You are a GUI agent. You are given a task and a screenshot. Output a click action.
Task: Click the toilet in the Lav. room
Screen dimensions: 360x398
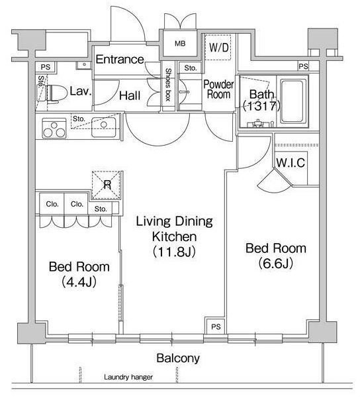[x=56, y=93]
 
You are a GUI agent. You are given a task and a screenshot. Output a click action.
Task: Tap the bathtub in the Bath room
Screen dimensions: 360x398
[x=292, y=101]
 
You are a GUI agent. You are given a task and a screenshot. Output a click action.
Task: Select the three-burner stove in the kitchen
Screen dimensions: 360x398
[x=54, y=128]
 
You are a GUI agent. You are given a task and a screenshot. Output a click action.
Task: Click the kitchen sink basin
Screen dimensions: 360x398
[x=104, y=127]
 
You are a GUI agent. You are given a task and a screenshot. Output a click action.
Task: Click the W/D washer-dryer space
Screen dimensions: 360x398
[x=218, y=47]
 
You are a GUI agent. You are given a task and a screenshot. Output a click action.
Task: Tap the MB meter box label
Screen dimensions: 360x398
[x=180, y=44]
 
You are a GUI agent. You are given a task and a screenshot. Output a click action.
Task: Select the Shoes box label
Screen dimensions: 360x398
[x=168, y=85]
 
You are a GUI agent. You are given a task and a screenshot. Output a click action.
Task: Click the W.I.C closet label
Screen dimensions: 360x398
[x=291, y=163]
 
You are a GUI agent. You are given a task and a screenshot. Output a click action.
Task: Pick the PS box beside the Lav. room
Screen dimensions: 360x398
[x=46, y=68]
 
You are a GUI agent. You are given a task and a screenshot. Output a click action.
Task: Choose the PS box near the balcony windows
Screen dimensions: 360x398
[x=216, y=326]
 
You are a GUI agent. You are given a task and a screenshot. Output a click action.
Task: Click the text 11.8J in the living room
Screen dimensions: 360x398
[x=174, y=252]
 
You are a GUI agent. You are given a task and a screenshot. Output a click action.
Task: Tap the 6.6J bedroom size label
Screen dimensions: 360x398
[x=276, y=264]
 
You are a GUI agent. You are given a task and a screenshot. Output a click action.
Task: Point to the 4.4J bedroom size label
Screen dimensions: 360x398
[x=79, y=281]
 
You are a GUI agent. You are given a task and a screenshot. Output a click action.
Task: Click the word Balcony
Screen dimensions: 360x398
[x=178, y=358]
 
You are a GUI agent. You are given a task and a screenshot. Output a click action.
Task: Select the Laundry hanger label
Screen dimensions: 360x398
[x=128, y=377]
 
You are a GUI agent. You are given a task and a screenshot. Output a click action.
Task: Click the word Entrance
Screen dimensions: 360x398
[x=120, y=60]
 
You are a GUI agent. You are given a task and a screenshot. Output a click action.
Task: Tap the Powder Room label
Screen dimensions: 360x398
[x=218, y=89]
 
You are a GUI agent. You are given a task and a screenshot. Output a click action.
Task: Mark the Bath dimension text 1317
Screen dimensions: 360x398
[x=261, y=106]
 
